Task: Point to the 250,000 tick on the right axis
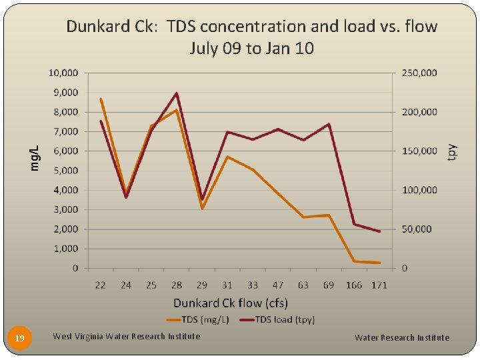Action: coord(419,73)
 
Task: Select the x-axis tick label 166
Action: coord(354,285)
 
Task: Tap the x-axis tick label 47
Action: coord(278,285)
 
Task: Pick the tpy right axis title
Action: coord(452,151)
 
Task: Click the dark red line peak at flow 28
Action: coord(176,93)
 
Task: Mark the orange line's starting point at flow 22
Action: coord(100,99)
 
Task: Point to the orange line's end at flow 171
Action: coord(379,263)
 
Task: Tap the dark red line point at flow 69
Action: coord(329,124)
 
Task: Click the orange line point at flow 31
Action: coord(227,157)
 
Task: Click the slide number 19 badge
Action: coord(20,339)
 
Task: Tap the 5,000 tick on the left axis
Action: coord(66,171)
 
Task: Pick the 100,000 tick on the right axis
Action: coord(419,190)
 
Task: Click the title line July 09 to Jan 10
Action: coord(251,49)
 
